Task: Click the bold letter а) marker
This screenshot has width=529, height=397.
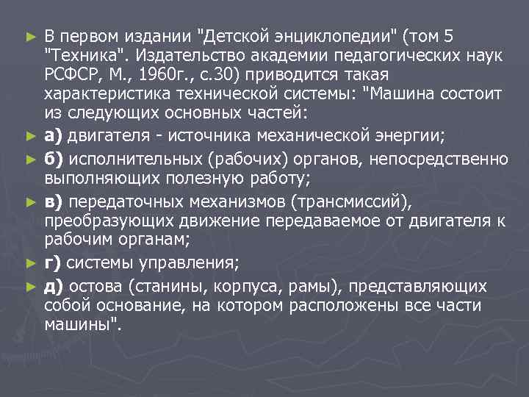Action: click(52, 135)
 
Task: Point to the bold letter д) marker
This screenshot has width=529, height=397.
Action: click(53, 285)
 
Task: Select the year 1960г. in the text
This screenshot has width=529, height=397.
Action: click(159, 76)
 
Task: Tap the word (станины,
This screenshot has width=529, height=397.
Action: click(161, 285)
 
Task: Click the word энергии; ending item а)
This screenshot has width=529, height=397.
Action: click(443, 135)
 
